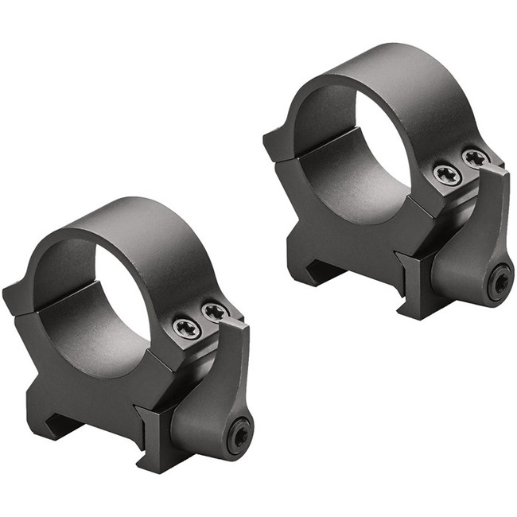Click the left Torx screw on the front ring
186,327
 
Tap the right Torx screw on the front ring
213,312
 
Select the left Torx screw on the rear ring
447,174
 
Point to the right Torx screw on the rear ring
475,158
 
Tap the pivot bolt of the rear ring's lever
499,283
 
